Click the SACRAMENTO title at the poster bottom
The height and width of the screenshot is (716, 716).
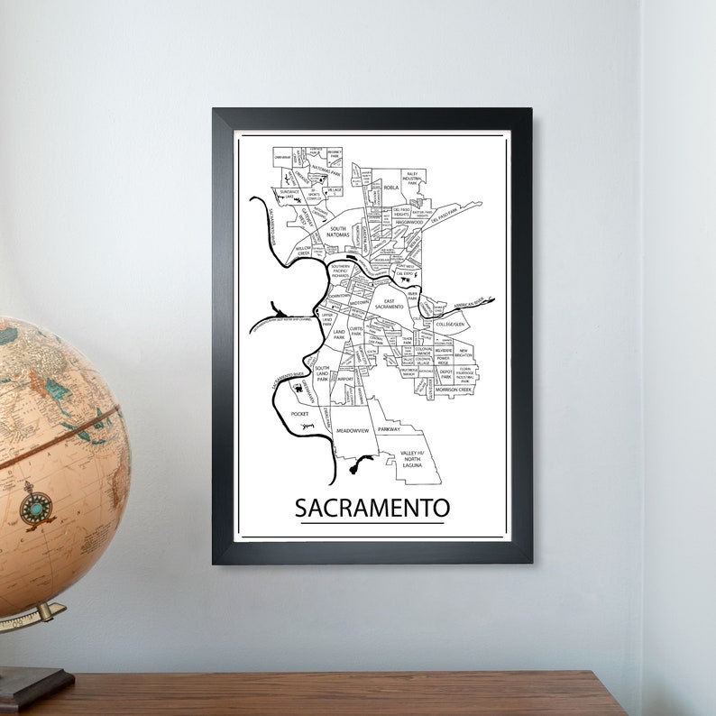click(372, 507)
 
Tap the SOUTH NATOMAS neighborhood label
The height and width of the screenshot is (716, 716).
click(337, 233)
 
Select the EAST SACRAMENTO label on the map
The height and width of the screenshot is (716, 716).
click(390, 304)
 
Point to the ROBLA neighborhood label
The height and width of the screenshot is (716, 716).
click(390, 188)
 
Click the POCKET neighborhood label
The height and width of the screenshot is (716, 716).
click(299, 413)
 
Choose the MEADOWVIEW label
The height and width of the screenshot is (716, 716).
click(353, 432)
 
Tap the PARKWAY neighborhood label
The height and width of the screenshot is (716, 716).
click(389, 430)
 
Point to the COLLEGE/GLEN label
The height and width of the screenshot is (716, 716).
click(448, 323)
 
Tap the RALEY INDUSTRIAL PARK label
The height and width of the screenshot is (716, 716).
click(413, 178)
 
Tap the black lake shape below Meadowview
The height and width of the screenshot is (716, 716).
click(359, 466)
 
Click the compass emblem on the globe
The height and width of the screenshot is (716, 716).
click(37, 507)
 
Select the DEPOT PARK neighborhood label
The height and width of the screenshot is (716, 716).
click(444, 372)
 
